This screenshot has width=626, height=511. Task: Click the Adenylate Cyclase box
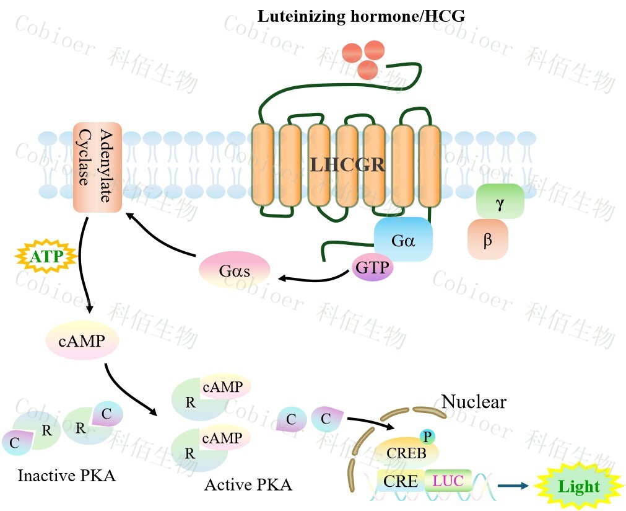pyautogui.click(x=97, y=167)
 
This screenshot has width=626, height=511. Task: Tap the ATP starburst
pyautogui.click(x=46, y=254)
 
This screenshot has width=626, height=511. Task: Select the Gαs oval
pyautogui.click(x=234, y=271)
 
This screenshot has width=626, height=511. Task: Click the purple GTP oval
pyautogui.click(x=373, y=267)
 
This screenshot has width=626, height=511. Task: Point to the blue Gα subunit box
pyautogui.click(x=402, y=239)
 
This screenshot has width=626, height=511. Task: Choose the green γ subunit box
pyautogui.click(x=500, y=201)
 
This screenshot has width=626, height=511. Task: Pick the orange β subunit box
pyautogui.click(x=488, y=239)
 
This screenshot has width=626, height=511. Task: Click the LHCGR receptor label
pyautogui.click(x=347, y=165)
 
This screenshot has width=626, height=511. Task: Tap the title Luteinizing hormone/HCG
pyautogui.click(x=361, y=16)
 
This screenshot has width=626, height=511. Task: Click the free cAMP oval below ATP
pyautogui.click(x=82, y=339)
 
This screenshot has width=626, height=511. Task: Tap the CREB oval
pyautogui.click(x=406, y=453)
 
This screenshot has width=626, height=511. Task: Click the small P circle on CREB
pyautogui.click(x=427, y=436)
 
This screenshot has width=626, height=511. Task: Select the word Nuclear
pyautogui.click(x=474, y=402)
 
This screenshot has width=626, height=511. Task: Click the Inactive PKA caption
pyautogui.click(x=66, y=476)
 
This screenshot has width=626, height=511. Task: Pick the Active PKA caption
pyautogui.click(x=248, y=484)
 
